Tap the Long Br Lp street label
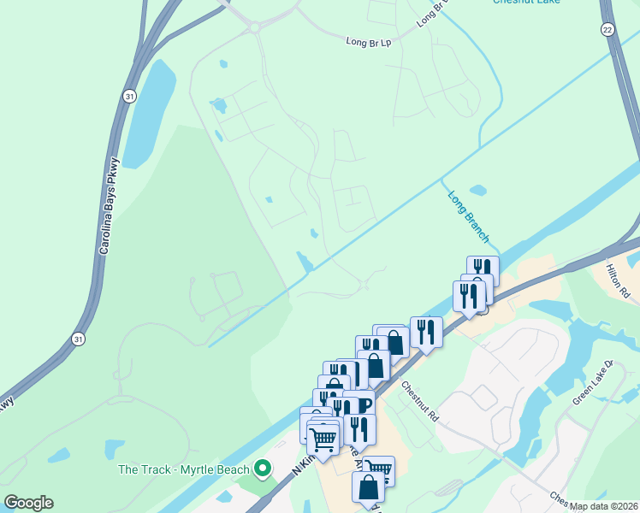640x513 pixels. [368, 40]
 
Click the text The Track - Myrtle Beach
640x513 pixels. [183, 469]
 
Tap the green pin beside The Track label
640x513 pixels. [264, 469]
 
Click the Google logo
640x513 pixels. [28, 503]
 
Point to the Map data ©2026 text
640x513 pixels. [602, 506]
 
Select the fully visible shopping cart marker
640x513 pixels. [323, 439]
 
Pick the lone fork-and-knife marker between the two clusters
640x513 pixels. [425, 330]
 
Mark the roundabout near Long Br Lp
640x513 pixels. [254, 28]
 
